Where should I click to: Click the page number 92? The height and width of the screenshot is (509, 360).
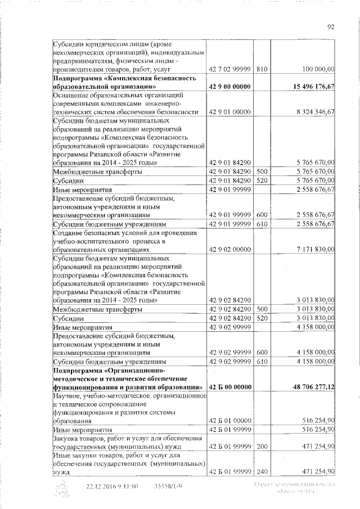[331, 26]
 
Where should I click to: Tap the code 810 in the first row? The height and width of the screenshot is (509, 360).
[260, 69]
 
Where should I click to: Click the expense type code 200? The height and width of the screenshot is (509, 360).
[260, 446]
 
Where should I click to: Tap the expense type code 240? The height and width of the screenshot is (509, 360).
[260, 471]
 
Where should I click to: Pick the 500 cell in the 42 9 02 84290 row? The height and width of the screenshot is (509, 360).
[260, 309]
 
